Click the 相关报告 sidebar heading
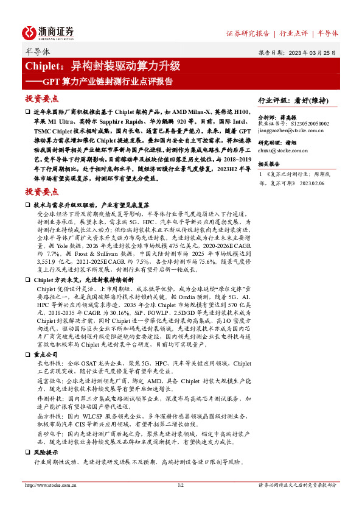pos(269,164)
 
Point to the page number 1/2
pos(180,486)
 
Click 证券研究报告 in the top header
pos(248,34)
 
